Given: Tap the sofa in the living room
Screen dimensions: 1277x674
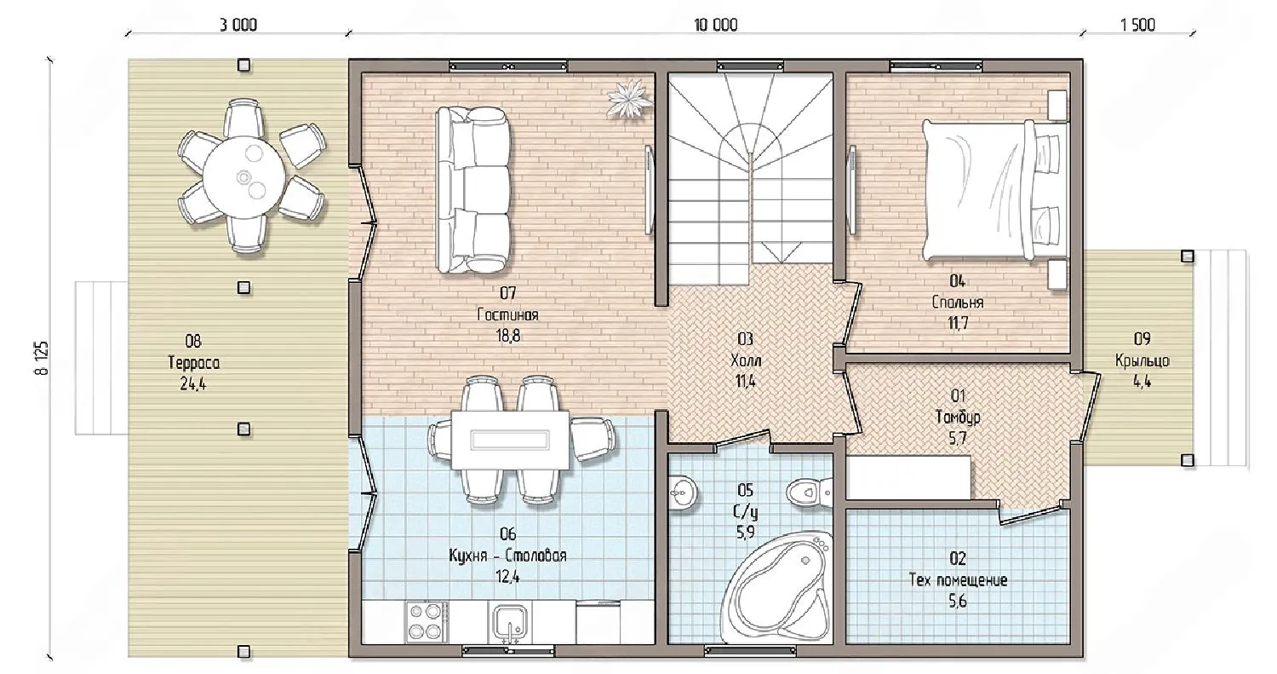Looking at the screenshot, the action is point(472,190).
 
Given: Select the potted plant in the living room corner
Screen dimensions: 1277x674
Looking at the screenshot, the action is point(629,100).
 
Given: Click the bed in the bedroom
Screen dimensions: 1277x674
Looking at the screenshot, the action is point(995,191).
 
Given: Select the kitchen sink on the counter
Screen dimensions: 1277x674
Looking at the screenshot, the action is point(508,623).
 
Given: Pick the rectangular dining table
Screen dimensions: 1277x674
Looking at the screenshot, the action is point(511,440).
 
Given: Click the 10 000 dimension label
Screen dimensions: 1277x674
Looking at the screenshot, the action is point(715,25).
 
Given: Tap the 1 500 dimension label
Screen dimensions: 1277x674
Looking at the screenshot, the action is point(1137,25).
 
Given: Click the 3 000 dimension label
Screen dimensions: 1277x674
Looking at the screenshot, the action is point(238,25).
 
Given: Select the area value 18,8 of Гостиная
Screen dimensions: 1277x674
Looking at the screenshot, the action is point(507,336).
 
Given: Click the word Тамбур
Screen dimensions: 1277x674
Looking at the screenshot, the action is point(958,418).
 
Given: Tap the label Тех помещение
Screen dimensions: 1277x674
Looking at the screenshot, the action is point(958,580).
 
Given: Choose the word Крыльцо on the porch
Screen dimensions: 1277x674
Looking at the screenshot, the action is point(1142,360).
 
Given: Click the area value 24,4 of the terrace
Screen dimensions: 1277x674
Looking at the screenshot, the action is point(192,384).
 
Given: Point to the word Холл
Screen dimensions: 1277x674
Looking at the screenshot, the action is point(746,360).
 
